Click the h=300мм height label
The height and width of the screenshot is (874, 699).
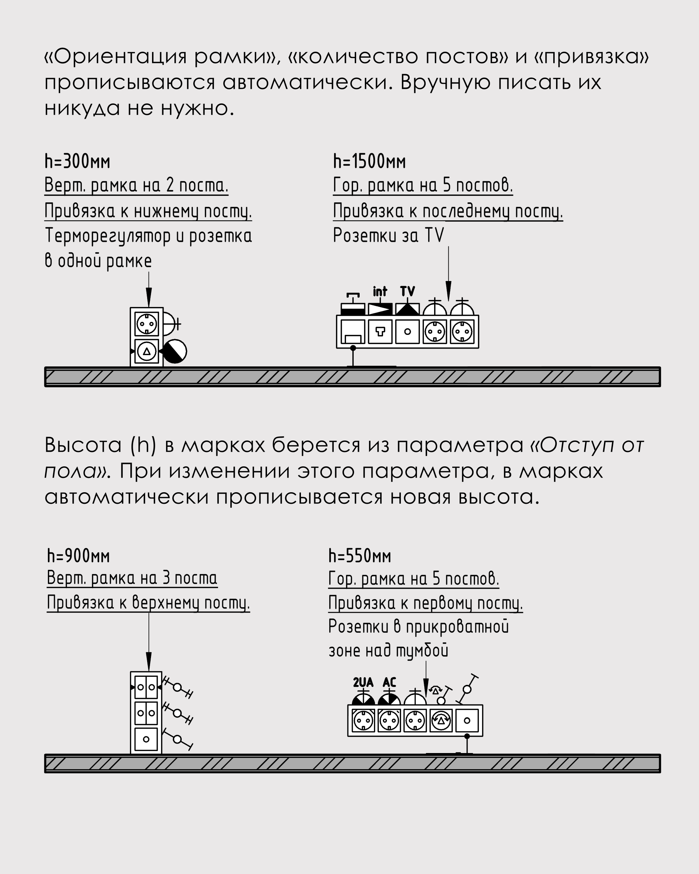coord(77,162)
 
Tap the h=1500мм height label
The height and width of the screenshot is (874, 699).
coord(369,162)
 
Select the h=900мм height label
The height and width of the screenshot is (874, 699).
coord(78,556)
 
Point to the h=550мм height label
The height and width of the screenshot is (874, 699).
coord(359,556)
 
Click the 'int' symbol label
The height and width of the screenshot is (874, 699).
coord(380,292)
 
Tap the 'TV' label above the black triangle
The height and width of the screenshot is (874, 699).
coord(407,292)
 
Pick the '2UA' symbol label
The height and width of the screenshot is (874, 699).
coord(363,683)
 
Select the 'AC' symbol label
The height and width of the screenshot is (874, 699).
coord(389,683)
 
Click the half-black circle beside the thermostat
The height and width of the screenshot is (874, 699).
coord(175,351)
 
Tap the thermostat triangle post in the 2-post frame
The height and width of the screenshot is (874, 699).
coord(147,351)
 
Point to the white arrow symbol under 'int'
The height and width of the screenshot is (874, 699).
coord(380,310)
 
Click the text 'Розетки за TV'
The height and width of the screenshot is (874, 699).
coord(388,236)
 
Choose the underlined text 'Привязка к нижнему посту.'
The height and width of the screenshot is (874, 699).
coord(148,211)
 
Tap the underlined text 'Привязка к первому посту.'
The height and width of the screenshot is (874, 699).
coord(425,603)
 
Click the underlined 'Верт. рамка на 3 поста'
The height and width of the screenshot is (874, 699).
coord(132,578)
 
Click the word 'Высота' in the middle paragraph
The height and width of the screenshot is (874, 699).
coord(83,445)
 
